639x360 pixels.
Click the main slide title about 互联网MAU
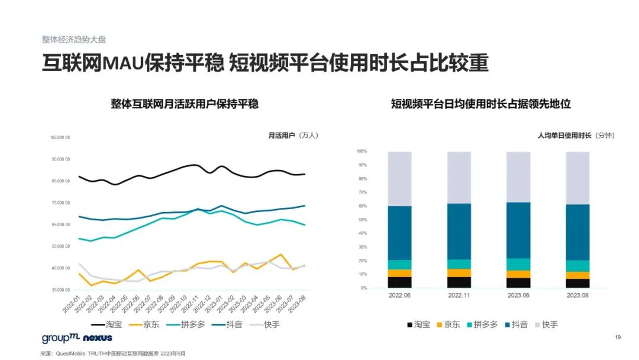point(264,63)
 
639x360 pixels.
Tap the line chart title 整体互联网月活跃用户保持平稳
point(185,104)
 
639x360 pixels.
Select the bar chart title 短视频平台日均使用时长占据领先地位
point(480,104)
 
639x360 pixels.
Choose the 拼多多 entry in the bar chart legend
point(483,324)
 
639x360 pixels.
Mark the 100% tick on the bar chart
point(362,151)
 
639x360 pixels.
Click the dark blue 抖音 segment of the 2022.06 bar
point(400,233)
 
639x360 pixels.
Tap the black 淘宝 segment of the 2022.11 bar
point(459,282)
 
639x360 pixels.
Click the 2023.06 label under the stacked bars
point(518,295)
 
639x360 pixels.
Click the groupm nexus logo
point(69,338)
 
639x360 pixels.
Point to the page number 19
point(618,337)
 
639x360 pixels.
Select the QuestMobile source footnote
point(112,353)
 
